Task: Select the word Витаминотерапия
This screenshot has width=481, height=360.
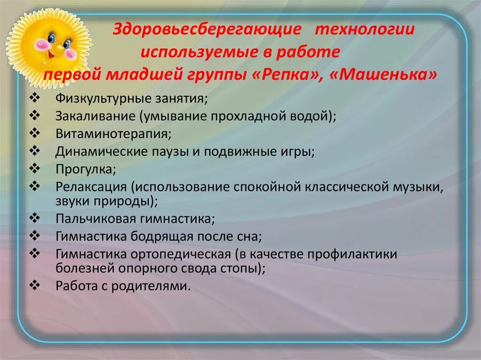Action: pyautogui.click(x=113, y=134)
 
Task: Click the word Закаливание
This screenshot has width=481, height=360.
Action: pyautogui.click(x=94, y=117)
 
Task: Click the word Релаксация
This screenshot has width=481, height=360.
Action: pyautogui.click(x=91, y=186)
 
